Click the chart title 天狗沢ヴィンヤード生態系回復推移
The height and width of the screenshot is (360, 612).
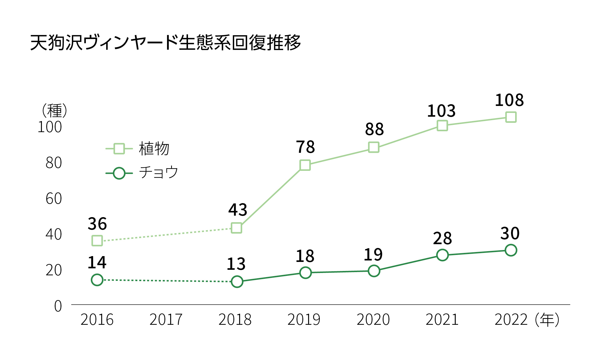tap(165, 43)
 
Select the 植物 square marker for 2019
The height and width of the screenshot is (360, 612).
tap(305, 165)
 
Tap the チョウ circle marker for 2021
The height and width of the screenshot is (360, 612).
tap(442, 255)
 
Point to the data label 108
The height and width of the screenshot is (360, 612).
tap(509, 100)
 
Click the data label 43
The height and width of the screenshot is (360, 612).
tap(237, 210)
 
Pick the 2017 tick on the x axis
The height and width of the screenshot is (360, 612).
tap(166, 320)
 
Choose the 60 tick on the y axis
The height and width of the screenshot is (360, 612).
tap(54, 198)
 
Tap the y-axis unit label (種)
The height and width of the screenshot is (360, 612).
tap(54, 111)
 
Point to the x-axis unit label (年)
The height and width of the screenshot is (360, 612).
tap(547, 320)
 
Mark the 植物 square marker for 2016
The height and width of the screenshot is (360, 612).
tap(97, 241)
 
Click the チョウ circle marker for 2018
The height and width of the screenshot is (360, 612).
tap(237, 281)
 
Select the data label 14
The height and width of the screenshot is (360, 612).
tap(97, 263)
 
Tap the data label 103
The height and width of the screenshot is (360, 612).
tap(441, 111)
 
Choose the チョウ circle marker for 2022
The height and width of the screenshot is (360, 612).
tap(511, 250)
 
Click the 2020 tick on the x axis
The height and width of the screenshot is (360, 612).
tap(373, 320)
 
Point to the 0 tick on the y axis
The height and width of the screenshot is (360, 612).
tap(58, 306)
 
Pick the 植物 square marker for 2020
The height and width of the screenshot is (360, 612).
tap(374, 147)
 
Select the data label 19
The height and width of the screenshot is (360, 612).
tap(373, 255)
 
